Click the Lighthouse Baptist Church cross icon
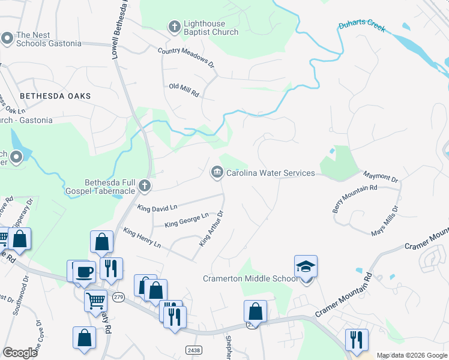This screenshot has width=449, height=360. [x=174, y=26]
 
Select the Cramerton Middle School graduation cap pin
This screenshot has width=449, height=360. [x=306, y=266]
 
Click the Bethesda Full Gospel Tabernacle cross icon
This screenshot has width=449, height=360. [x=144, y=186]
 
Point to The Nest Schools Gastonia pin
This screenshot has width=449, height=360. [x=7, y=39]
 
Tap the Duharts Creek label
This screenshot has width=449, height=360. [x=361, y=27]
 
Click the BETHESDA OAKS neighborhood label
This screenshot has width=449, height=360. [x=55, y=96]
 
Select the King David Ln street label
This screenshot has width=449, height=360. [x=157, y=208]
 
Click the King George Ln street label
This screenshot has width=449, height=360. [x=186, y=220]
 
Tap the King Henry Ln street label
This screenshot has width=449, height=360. [x=142, y=238]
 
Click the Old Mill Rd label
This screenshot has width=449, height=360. [x=184, y=90]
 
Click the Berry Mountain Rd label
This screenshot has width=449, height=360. [x=355, y=199]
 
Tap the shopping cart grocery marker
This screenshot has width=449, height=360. [x=96, y=300]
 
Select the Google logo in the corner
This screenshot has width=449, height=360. [x=20, y=353]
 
